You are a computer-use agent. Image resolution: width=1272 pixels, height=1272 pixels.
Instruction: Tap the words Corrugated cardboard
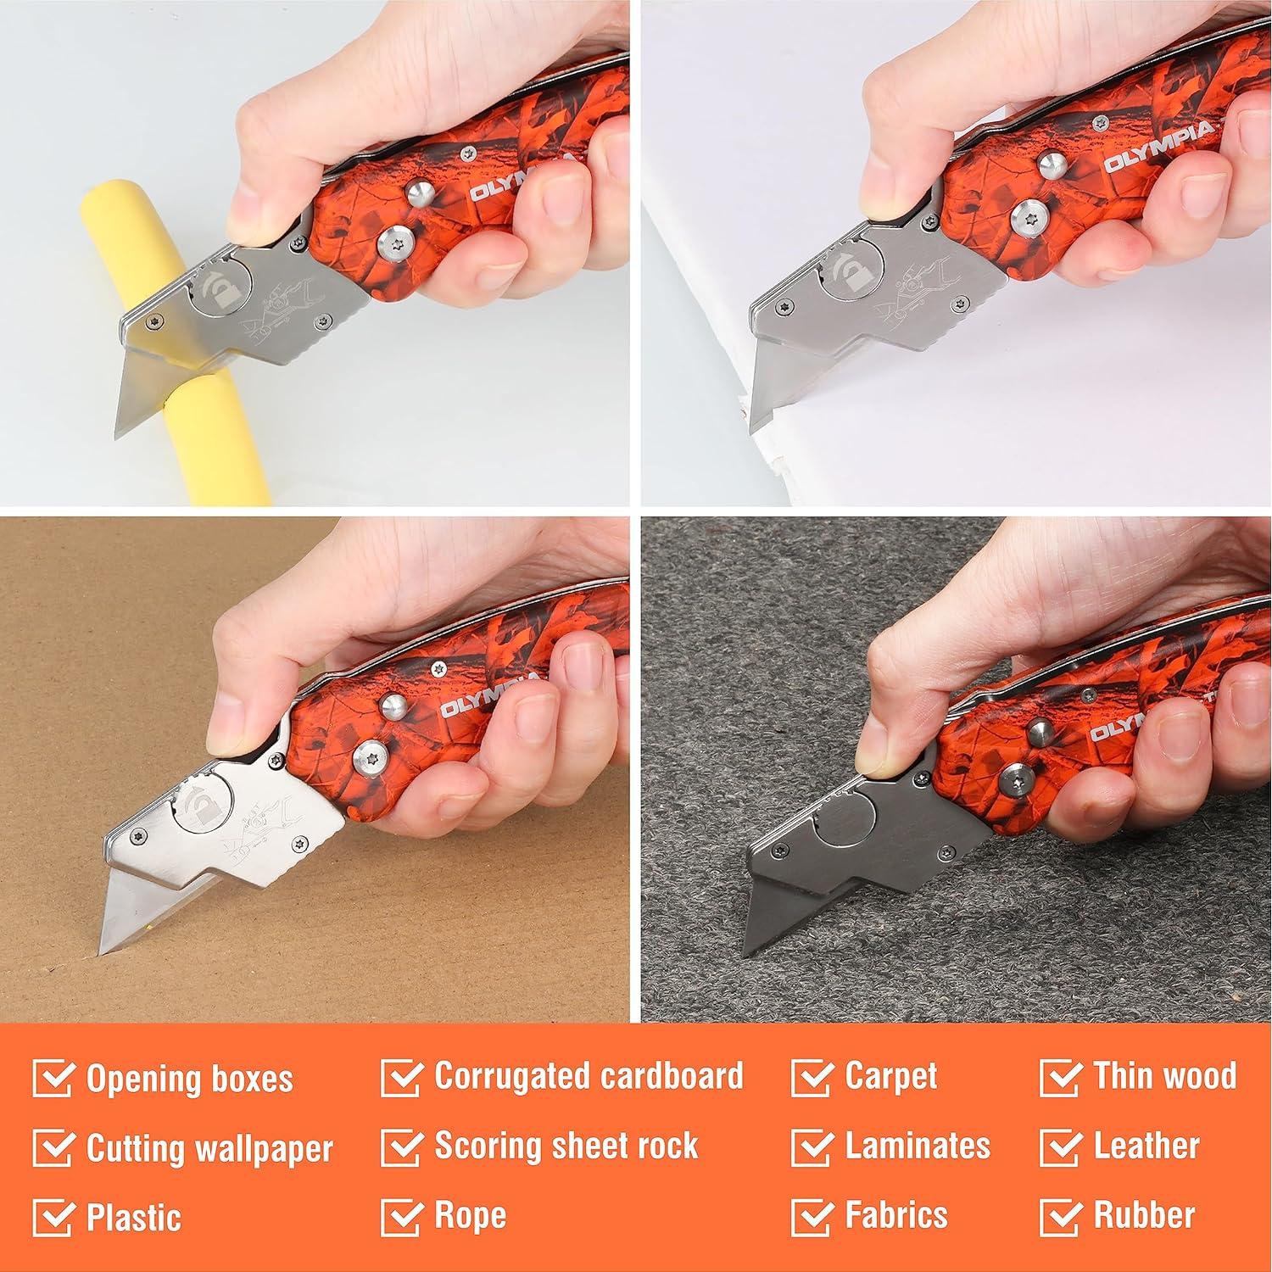(589, 1076)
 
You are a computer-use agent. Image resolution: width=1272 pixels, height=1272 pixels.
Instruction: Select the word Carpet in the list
(890, 1076)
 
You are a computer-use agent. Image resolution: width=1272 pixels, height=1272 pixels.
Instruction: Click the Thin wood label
(1164, 1076)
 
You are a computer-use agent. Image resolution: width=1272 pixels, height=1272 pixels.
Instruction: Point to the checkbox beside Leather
(1060, 1147)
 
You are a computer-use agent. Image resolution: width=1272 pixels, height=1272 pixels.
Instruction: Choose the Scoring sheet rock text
(566, 1146)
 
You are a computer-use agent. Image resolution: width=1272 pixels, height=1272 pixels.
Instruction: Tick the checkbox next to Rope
(401, 1217)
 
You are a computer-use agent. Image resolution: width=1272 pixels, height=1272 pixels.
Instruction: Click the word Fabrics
(895, 1215)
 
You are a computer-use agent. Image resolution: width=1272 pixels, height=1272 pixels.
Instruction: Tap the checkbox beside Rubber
(1060, 1217)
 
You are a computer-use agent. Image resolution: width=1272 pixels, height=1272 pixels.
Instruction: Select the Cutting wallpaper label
(209, 1149)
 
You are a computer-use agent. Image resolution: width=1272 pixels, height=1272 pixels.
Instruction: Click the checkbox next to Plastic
(53, 1219)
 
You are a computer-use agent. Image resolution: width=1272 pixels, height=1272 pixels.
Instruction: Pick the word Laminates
(917, 1146)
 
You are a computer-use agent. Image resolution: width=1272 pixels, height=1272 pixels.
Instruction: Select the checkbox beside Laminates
(812, 1147)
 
